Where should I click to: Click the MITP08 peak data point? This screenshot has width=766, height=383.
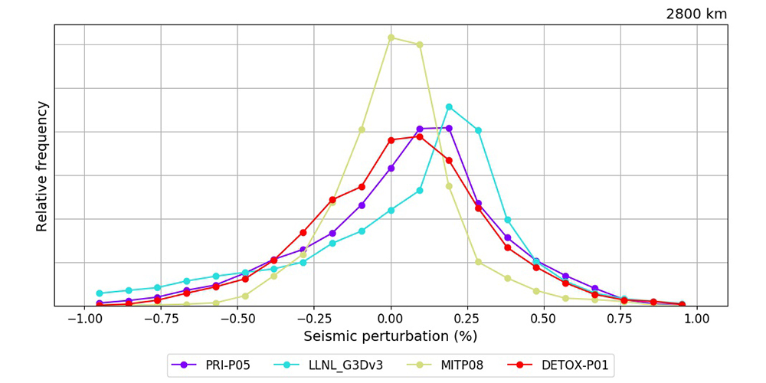click(391, 37)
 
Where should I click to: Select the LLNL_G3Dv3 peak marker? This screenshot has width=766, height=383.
click(449, 106)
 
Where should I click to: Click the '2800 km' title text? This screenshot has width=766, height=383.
click(696, 14)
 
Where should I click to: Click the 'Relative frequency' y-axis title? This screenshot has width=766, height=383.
click(42, 166)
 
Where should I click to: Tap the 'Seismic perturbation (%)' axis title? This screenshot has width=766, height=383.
click(391, 336)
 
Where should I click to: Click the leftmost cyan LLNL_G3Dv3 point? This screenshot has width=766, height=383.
click(100, 293)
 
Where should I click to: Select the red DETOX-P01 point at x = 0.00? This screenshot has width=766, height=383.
click(391, 140)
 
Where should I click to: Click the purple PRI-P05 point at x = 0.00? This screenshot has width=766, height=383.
click(391, 168)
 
